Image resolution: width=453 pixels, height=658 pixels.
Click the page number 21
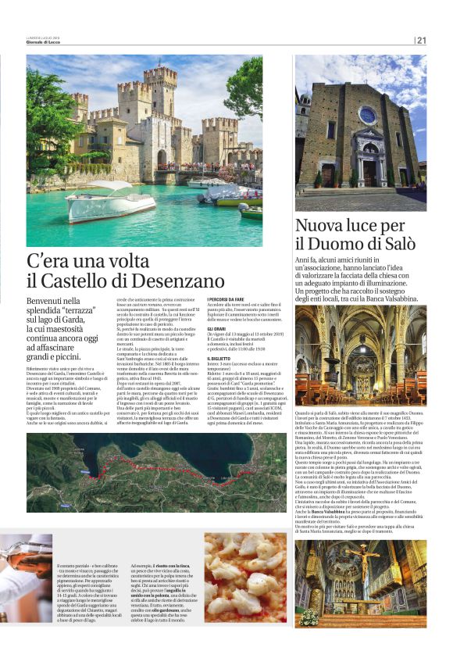pos(422,41)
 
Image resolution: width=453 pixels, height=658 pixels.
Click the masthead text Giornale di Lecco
pos(45,42)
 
